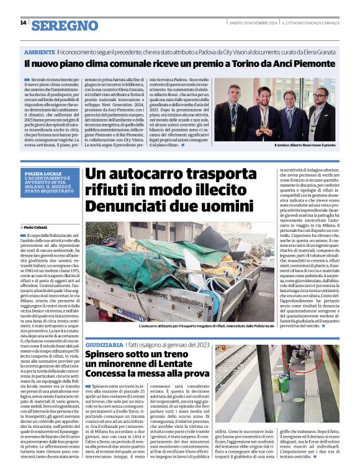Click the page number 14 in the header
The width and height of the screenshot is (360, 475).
click(x=22, y=23)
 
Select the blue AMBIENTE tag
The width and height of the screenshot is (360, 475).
click(x=40, y=52)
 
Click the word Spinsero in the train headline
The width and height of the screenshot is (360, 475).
click(x=109, y=355)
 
